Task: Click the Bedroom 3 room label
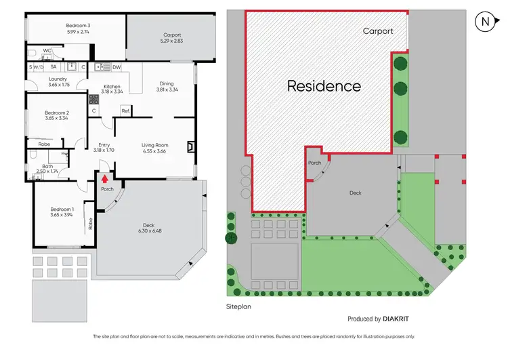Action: [79, 26]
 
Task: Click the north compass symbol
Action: [485, 21]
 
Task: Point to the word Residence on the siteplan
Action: [324, 86]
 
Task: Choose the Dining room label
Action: [167, 83]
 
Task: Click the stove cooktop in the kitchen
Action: [95, 99]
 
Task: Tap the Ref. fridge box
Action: [125, 111]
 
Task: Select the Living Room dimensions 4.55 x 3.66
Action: [154, 151]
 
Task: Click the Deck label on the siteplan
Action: [355, 193]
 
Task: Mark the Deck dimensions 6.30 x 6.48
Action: [148, 232]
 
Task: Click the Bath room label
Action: [47, 166]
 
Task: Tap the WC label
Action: [47, 51]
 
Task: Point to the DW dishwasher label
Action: [117, 67]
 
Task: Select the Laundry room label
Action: [58, 79]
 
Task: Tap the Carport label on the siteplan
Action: [378, 31]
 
